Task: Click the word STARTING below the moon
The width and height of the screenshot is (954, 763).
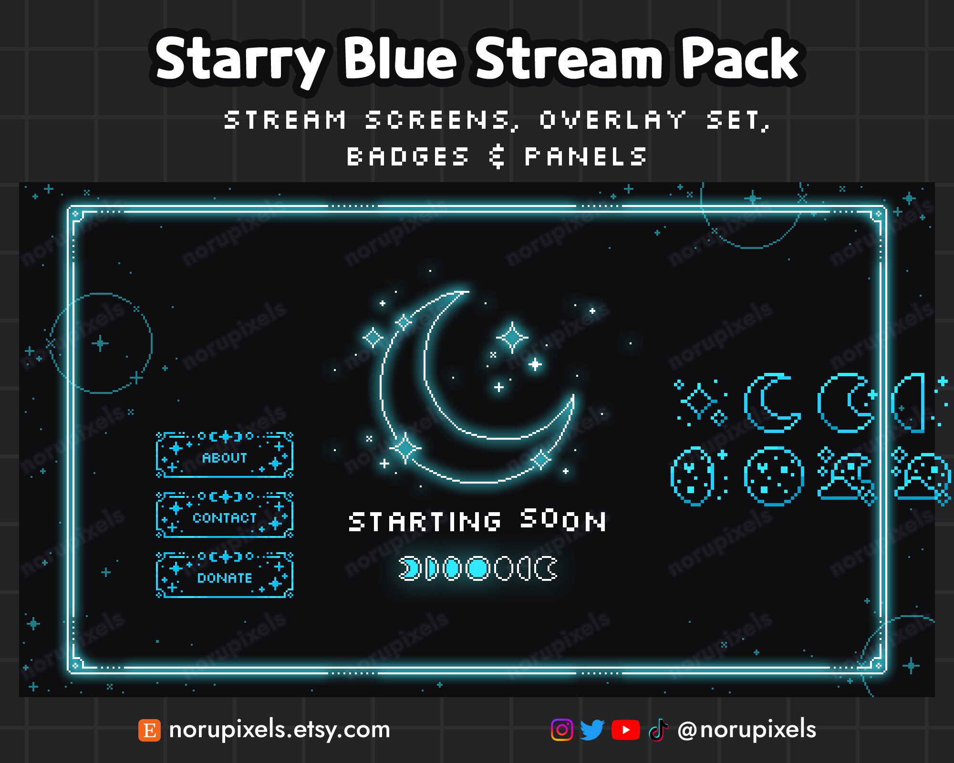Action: click(x=425, y=521)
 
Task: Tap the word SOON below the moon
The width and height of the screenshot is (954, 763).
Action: click(x=563, y=519)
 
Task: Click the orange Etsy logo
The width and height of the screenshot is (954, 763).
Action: click(x=149, y=730)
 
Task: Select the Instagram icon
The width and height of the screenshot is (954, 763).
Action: click(x=562, y=730)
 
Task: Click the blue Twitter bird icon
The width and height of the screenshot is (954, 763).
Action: click(x=592, y=730)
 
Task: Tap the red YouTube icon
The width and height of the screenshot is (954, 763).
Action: click(x=625, y=730)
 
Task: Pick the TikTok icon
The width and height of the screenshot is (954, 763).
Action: click(x=658, y=730)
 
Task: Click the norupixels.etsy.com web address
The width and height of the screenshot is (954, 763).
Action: click(x=280, y=730)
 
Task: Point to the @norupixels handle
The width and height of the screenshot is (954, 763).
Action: click(x=747, y=730)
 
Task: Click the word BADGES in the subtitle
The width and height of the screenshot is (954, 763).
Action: click(x=408, y=157)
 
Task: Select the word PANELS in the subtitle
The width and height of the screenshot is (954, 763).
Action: click(x=586, y=157)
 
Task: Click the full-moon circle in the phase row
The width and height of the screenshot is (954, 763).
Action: click(x=478, y=568)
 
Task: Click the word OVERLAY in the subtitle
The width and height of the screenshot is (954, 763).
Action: click(x=613, y=120)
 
